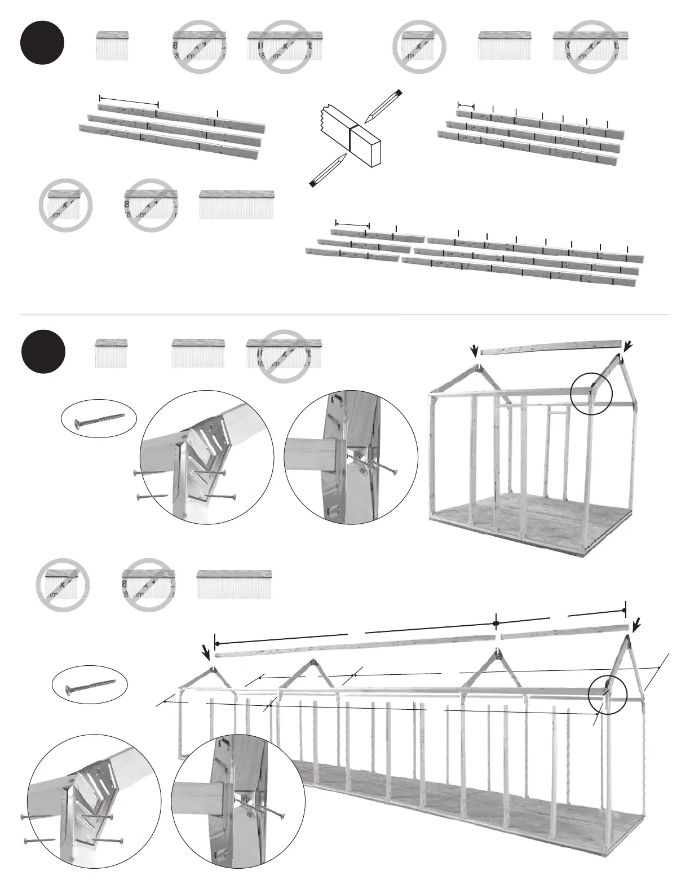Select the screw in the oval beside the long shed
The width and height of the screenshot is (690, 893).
[90, 684]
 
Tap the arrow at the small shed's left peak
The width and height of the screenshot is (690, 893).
[475, 351]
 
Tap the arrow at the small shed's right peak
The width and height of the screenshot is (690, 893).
[627, 344]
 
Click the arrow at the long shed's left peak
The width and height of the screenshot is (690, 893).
[207, 653]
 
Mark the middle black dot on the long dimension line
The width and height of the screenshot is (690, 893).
[496, 623]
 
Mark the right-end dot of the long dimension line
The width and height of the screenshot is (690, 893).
[625, 611]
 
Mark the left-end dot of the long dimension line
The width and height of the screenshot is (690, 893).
[216, 643]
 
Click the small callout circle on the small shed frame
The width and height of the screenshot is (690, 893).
[591, 394]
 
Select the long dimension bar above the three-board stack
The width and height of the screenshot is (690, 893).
[129, 100]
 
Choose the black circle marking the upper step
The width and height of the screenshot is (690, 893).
[42, 43]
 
